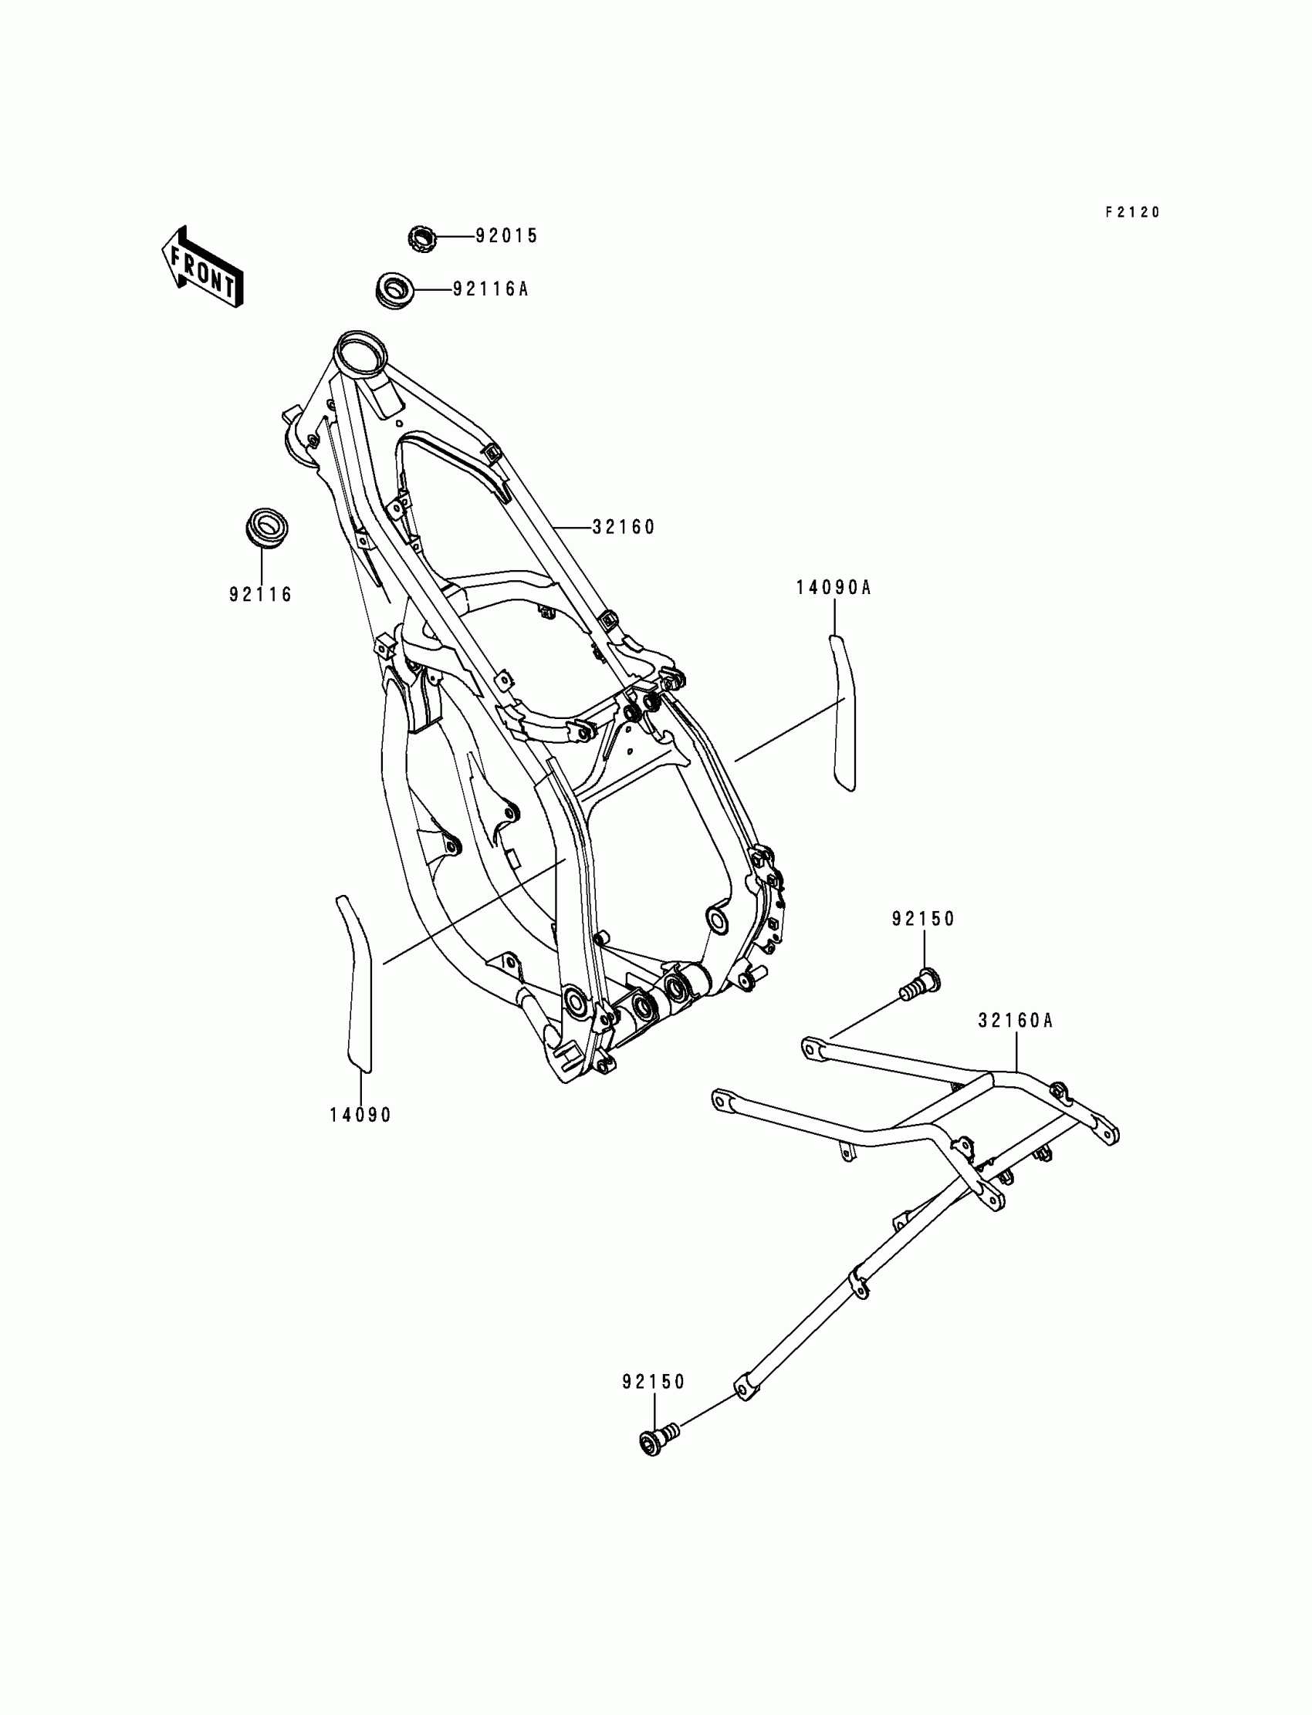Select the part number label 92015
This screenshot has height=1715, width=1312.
point(507,236)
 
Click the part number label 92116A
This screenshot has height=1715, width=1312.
point(490,289)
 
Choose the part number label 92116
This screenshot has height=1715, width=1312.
point(261,595)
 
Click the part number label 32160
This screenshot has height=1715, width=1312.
point(624,528)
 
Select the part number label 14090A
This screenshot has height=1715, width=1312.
point(834,588)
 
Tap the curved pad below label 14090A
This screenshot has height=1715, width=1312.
point(843,711)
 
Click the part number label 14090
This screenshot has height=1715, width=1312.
point(360,1116)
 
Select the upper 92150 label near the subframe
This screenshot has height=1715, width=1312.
point(923,920)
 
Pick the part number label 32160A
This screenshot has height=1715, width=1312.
point(1015,1021)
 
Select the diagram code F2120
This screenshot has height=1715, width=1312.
point(1132,212)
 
